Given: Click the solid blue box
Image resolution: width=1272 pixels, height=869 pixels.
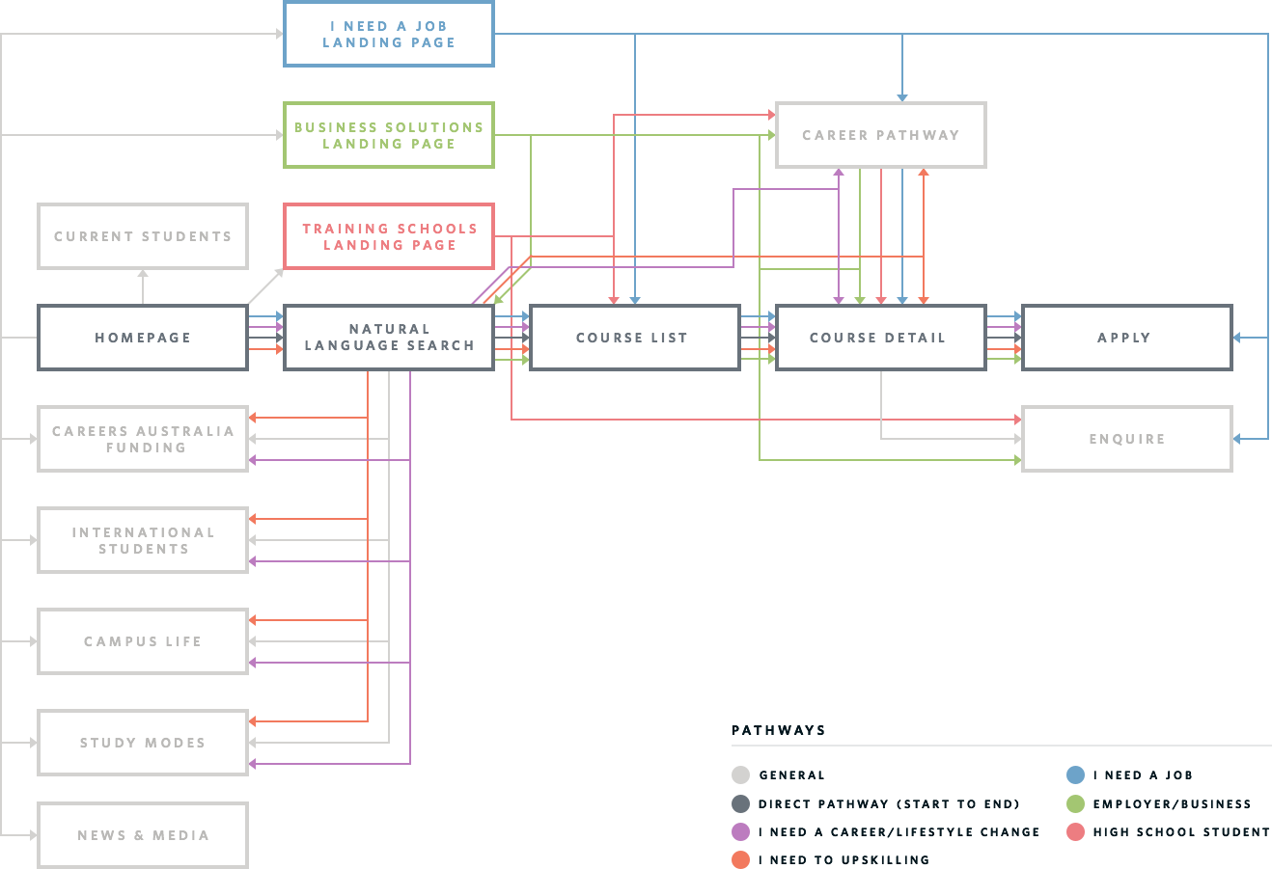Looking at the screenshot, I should coord(384,34).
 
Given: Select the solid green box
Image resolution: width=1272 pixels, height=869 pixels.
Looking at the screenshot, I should coord(384,135).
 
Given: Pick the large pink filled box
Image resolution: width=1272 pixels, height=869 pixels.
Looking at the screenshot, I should coord(384,236).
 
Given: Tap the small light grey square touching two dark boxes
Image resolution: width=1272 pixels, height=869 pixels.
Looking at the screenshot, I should coord(265,286).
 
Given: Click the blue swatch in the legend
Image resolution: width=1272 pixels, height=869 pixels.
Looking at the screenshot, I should coord(1075,774).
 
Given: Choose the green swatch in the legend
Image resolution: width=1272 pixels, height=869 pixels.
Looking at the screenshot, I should coord(1075,803).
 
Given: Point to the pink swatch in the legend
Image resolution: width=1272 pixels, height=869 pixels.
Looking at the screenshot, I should coord(1075,831).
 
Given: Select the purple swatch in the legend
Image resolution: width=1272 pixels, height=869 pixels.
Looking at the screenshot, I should coord(740,831).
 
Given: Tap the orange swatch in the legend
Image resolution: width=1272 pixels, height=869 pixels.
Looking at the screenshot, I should coord(740,859).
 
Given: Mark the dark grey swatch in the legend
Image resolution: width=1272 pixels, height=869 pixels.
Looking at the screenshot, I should coord(740,803).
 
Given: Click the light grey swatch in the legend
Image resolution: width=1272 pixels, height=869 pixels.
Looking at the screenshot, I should coord(740,774).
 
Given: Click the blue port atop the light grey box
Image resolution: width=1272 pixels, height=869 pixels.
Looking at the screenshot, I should coord(902,96).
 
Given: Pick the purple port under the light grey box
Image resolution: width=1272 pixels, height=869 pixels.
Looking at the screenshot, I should coord(838,174).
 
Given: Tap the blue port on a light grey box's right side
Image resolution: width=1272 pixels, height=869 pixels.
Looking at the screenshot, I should coord(1237,439).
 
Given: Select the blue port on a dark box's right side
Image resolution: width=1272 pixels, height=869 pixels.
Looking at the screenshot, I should coord(1237,337).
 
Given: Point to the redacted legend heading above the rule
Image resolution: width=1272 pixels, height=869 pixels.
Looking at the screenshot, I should coord(778,730).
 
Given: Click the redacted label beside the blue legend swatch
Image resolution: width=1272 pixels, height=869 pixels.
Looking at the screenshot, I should coord(1143,774).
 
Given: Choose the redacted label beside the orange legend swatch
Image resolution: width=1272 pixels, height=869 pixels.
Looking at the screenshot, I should coord(843,859).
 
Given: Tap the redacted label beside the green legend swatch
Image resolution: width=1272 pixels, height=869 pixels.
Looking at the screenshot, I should coord(1172,803).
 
